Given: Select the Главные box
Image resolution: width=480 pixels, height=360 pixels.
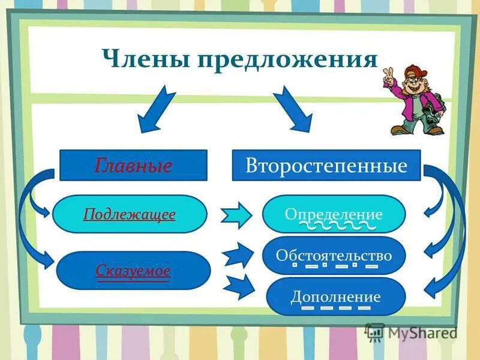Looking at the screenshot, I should tap(133, 165).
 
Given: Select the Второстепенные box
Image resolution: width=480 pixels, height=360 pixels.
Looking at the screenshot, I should tap(326, 165).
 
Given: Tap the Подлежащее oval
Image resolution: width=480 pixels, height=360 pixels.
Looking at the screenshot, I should tap(130, 214).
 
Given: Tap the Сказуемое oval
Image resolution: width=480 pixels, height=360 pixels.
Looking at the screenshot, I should tap(133, 271).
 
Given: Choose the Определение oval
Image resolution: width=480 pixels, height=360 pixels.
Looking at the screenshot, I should tap(334, 214).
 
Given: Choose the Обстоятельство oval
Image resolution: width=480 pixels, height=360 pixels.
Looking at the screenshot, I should tap(334, 256).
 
